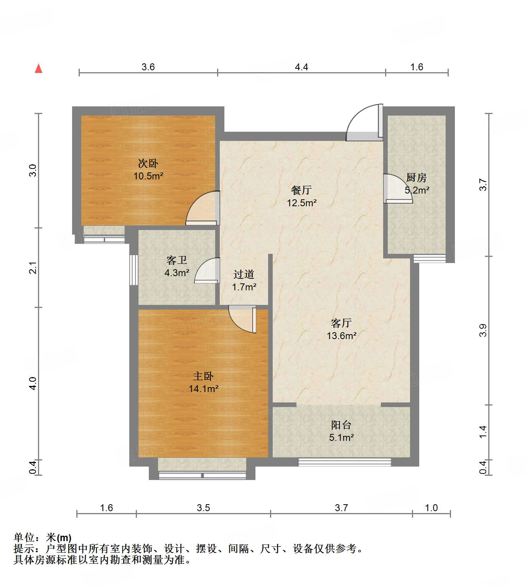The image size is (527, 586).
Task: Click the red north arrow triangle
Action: pos(38,68)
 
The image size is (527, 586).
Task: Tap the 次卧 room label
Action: pos(148,164)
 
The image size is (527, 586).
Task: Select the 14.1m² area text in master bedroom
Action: pos(203,389)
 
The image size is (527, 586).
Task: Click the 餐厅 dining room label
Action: pos(301,190)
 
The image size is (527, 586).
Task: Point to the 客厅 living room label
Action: pos(341,323)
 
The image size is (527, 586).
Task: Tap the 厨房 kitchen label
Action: pos(416,178)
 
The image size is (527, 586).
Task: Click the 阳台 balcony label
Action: pos(341,425)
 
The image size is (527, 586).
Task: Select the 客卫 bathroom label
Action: pos(177,260)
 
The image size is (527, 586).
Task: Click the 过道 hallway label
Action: pos(244,274)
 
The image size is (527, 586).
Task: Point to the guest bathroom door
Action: pos(208,271)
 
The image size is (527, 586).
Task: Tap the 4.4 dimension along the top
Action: pos(301,67)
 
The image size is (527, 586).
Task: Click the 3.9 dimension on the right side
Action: pos(483,331)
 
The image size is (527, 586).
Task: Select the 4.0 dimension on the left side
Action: pos(33,383)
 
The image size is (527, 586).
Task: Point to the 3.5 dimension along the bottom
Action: pos(203,508)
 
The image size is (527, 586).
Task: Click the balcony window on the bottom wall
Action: pos(344,462)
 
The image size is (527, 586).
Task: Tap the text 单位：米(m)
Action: pos(43,538)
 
